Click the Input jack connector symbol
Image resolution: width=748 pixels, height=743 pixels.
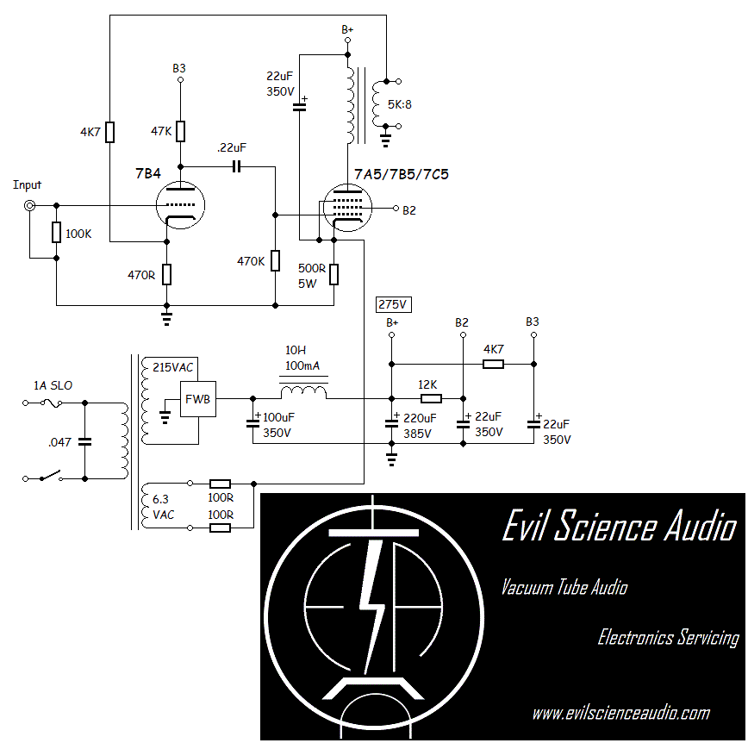point(29,206)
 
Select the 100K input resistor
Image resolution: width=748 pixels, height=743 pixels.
point(56,232)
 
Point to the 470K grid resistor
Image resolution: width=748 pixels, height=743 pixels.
point(275,260)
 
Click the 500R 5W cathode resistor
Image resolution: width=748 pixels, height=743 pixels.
point(333,274)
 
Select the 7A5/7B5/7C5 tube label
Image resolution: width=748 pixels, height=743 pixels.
point(401,175)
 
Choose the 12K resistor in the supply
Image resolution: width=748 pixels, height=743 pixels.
point(430,399)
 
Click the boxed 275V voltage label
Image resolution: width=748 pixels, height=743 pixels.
point(392,304)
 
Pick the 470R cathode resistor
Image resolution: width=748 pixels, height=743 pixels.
point(166,274)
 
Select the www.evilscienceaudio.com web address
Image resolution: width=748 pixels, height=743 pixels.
point(620,713)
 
